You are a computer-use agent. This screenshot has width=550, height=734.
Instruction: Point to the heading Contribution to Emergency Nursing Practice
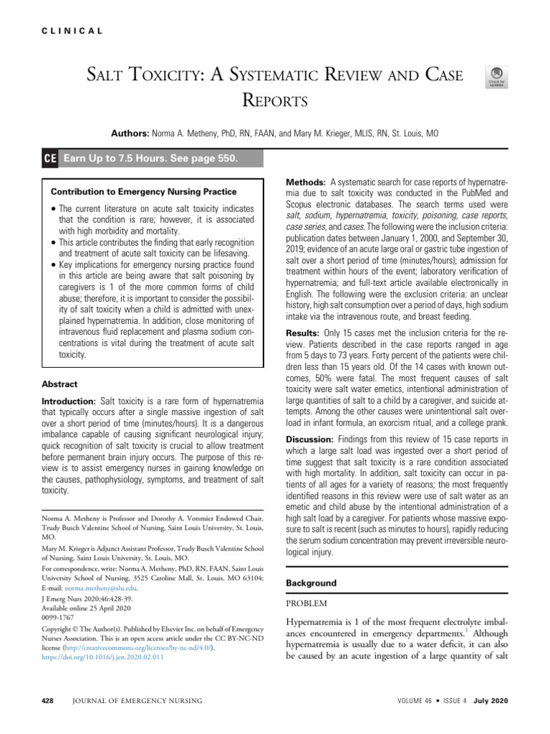(144, 191)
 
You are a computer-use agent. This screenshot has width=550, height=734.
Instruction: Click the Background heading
(311, 583)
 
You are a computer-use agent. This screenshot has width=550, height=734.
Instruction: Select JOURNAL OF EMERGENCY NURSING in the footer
(137, 700)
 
